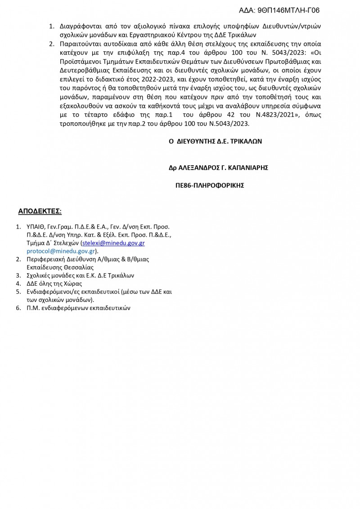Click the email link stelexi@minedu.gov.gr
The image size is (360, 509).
pyautogui.click(x=113, y=243)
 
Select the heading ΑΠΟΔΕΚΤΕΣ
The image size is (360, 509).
pyautogui.click(x=40, y=211)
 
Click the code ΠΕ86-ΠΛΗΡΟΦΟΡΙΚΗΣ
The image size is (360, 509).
pyautogui.click(x=210, y=185)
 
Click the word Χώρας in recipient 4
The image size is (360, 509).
pyautogui.click(x=71, y=284)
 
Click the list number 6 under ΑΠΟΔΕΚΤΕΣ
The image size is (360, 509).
pyautogui.click(x=18, y=308)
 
